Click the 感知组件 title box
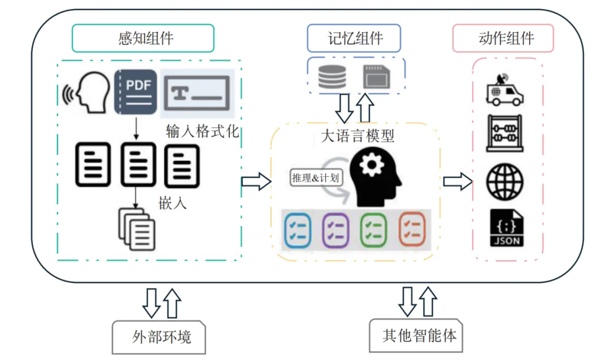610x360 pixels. pos(143,38)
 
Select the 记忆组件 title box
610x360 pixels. pos(354,38)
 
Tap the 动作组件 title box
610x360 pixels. pos(503,38)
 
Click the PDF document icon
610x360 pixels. pos(136,92)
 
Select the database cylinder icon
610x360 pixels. pos(332,75)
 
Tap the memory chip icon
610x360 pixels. pos(376,76)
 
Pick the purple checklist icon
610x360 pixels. pos(335,229)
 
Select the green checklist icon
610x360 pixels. pos(373,229)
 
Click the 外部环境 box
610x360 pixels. pos(159,337)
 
